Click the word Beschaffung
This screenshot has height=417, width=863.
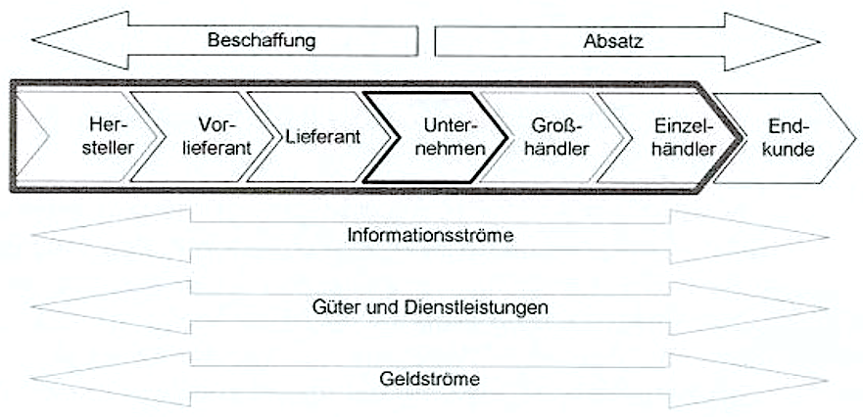click(x=264, y=41)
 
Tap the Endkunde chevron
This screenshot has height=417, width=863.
click(x=790, y=138)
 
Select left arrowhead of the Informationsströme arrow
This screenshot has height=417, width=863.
click(x=78, y=236)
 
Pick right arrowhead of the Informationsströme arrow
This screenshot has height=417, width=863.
click(x=784, y=236)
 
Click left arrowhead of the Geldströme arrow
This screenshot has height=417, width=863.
click(x=78, y=378)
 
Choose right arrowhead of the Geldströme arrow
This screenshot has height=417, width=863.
click(x=784, y=378)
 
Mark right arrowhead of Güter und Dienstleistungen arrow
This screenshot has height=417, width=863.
click(x=784, y=307)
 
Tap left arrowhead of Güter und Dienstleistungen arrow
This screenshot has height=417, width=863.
click(x=78, y=307)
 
